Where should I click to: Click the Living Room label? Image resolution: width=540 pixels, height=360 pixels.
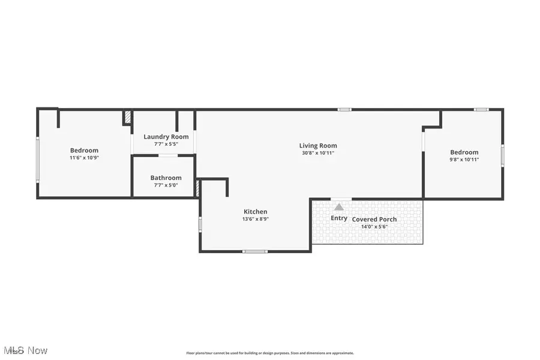318,145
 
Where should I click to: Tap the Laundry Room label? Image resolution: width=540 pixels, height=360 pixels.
166,137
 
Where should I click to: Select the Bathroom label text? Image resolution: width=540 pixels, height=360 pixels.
166,178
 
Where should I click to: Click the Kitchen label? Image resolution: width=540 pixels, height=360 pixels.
255,212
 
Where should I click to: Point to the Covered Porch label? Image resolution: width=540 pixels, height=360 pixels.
374,220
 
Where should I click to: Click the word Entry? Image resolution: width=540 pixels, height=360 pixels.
339,218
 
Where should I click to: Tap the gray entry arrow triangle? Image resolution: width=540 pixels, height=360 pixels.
339,207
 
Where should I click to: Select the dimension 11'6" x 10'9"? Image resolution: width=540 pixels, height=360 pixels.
84,158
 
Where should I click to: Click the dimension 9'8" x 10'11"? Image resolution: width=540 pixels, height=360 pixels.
464,160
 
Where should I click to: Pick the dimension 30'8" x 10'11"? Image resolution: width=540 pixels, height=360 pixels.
318,153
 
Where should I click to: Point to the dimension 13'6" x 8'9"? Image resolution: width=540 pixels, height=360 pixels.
255,219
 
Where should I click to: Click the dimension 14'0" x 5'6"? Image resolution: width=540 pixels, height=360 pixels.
374,227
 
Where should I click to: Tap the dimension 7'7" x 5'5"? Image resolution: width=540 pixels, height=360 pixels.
166,144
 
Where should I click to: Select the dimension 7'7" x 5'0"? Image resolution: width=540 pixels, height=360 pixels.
166,185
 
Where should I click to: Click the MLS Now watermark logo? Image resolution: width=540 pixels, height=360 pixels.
25,350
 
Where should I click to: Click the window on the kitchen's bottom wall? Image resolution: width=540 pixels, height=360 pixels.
255,251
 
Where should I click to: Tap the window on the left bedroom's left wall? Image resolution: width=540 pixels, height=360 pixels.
38,159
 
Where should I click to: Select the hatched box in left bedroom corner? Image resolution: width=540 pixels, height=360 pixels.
127,117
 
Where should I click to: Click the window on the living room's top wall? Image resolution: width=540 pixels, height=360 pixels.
344,110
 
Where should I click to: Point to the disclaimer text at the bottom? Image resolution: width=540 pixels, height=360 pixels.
270,353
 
